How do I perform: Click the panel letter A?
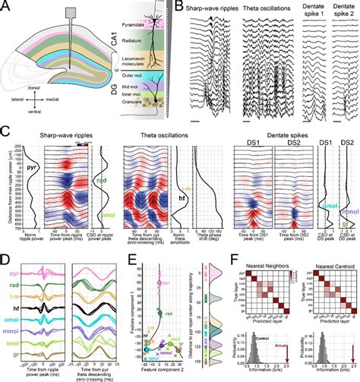coord(5,5)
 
